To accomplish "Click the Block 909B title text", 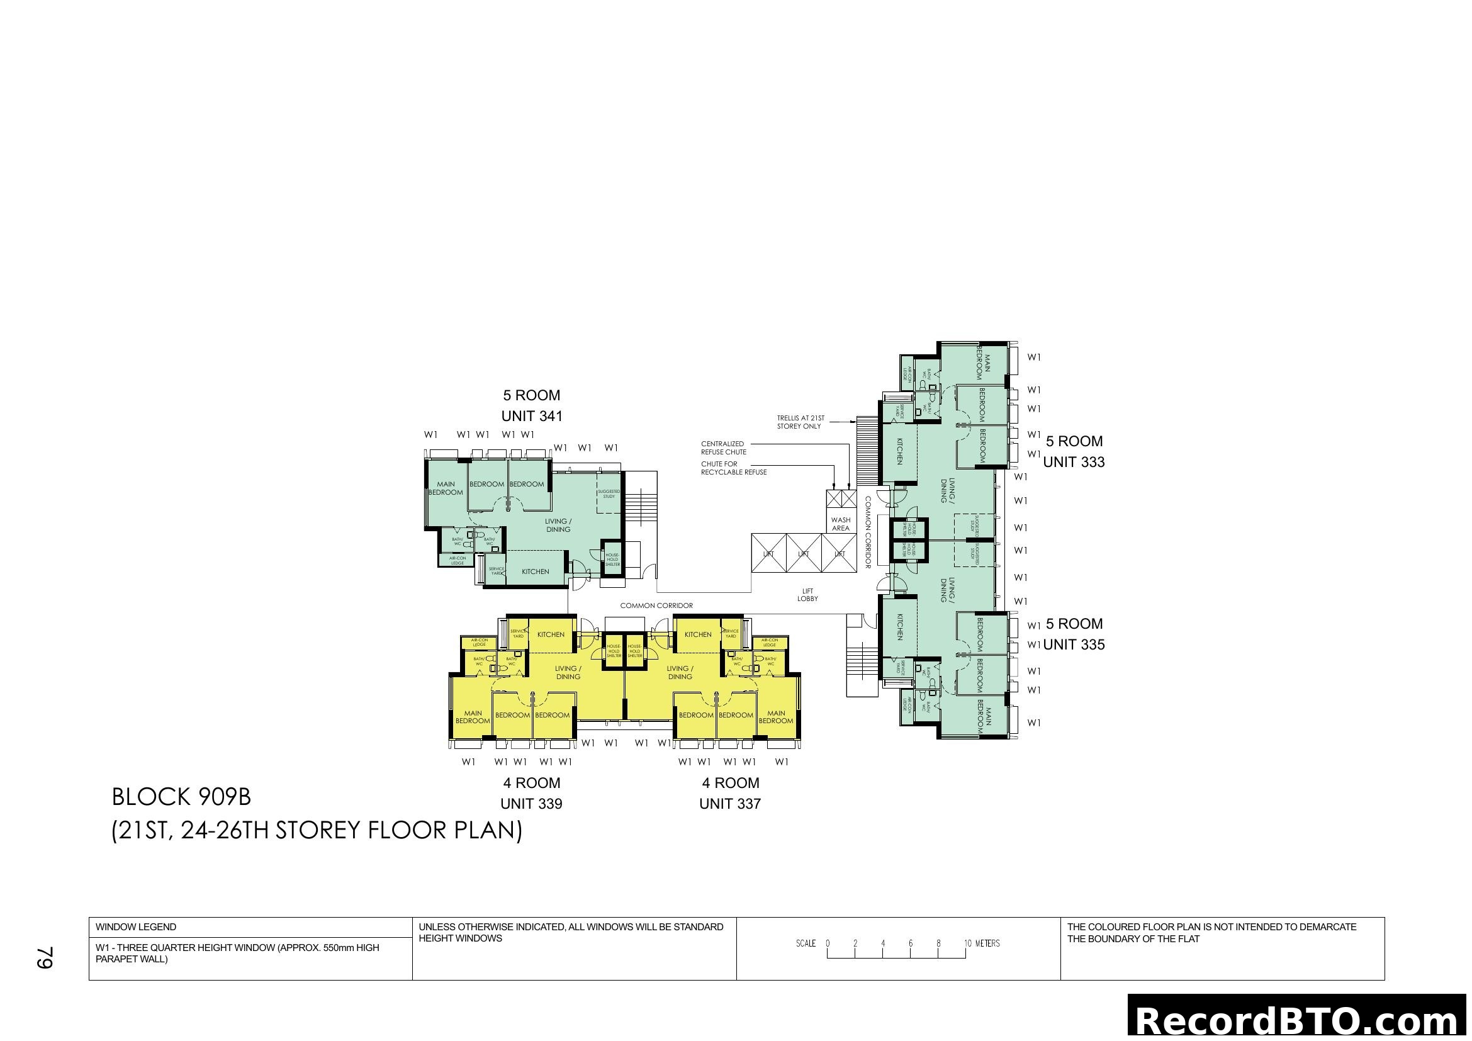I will click(x=181, y=797).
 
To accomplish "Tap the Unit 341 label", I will click(x=532, y=416).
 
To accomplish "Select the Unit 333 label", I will click(x=1074, y=462).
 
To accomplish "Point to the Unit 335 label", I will click(x=1074, y=645).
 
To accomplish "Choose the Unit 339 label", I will click(x=531, y=804).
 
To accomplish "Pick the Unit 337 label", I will click(x=729, y=804).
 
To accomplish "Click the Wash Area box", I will click(x=841, y=524).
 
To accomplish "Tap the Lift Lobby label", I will click(x=807, y=595).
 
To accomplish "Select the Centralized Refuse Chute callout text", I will click(x=723, y=447).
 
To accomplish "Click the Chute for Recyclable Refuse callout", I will click(x=733, y=468).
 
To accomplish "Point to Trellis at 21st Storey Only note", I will click(x=800, y=422).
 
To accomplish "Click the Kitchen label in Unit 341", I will click(x=535, y=571).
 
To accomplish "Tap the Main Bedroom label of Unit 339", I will click(x=473, y=717).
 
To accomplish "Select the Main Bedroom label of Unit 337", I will click(x=776, y=717).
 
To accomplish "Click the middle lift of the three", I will click(x=803, y=554).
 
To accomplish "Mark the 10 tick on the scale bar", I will click(x=967, y=944).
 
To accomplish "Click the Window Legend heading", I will click(x=136, y=927).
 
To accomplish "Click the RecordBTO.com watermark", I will click(x=1299, y=1020).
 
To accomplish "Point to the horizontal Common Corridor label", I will click(x=656, y=605).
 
